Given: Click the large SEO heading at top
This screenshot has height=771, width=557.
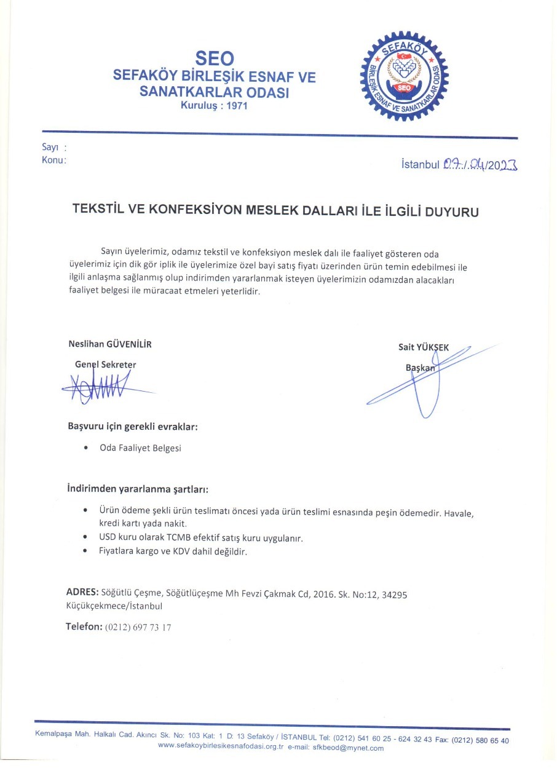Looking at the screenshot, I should click(x=214, y=58).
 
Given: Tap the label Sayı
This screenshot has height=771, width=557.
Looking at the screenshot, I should click(x=50, y=148).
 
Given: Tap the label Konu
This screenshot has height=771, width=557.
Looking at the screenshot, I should click(x=53, y=160).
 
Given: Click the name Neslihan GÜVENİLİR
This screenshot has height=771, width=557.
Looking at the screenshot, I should click(x=110, y=344).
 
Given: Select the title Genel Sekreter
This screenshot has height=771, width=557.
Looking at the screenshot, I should click(x=105, y=364).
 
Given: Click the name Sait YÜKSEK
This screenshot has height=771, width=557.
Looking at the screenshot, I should click(x=423, y=347).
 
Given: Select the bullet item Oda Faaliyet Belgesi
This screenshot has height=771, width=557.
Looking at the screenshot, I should click(x=140, y=448).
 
